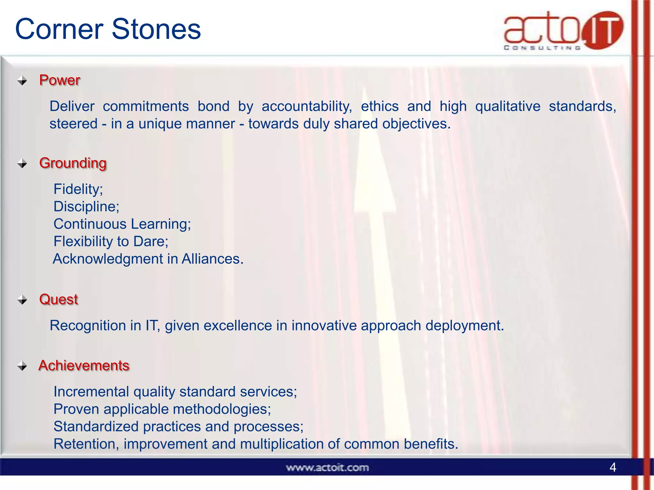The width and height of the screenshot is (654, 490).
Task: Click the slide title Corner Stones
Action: (108, 29)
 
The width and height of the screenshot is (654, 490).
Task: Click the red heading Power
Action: (59, 80)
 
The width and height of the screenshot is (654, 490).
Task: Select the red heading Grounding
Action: (73, 163)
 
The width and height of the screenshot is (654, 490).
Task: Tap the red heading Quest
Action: (58, 299)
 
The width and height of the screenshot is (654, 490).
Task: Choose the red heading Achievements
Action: (84, 366)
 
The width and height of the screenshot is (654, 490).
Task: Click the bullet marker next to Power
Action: (22, 80)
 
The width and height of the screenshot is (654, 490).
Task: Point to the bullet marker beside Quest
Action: (22, 300)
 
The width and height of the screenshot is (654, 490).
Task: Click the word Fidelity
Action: (77, 189)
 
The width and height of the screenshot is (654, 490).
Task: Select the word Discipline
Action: (85, 207)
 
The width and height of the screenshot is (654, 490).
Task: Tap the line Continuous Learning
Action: (122, 224)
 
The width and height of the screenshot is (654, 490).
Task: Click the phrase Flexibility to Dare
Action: (110, 241)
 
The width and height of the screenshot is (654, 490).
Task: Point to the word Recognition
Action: (87, 326)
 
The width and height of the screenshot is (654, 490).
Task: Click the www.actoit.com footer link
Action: (327, 468)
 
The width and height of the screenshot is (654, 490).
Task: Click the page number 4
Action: (612, 467)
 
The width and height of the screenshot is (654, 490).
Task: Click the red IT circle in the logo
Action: (602, 30)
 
